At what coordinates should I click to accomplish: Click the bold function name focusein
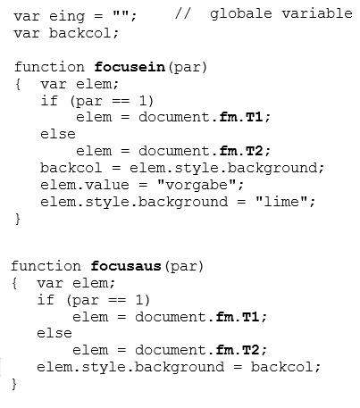click(130, 67)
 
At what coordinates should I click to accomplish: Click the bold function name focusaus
click(126, 266)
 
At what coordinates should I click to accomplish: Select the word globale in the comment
click(241, 14)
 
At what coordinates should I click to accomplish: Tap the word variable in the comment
click(317, 13)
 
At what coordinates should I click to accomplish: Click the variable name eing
click(67, 16)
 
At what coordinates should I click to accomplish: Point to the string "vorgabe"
click(197, 185)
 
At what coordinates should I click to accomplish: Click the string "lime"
click(281, 202)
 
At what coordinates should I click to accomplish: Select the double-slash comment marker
click(182, 13)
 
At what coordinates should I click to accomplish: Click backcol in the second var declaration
click(80, 33)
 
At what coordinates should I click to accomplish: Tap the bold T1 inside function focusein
click(254, 117)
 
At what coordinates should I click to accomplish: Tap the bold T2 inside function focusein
click(254, 151)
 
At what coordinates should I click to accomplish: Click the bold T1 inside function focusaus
click(250, 317)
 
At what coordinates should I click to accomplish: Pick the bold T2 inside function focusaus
click(250, 350)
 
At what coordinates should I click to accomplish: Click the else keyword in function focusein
click(58, 134)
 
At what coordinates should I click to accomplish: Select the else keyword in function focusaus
click(54, 333)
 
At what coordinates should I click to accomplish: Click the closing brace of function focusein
click(18, 219)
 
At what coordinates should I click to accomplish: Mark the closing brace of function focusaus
click(14, 384)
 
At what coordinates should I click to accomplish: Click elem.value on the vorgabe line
click(85, 185)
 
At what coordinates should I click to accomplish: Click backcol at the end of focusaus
click(281, 367)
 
